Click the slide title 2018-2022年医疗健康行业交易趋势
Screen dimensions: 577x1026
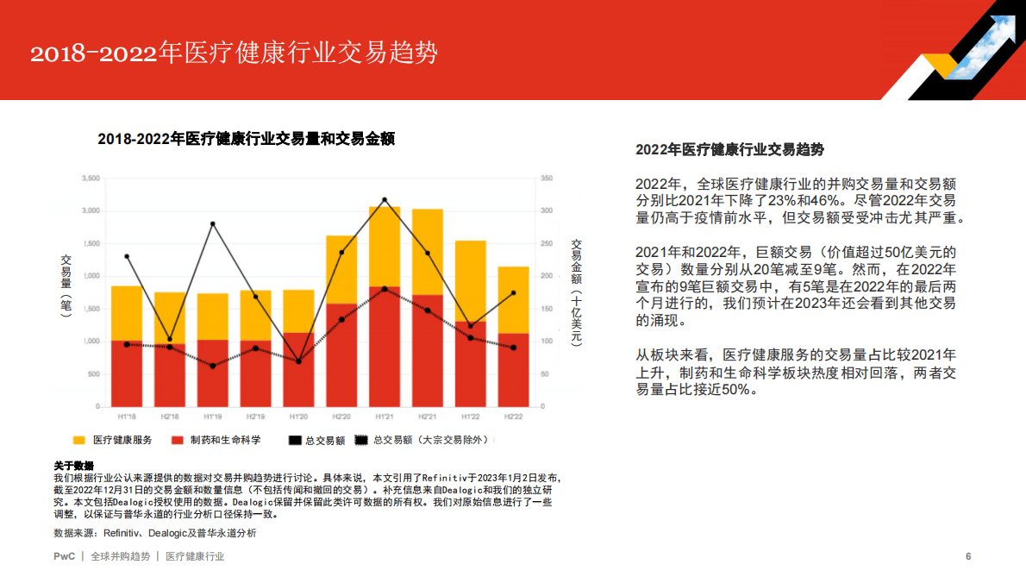tap(234, 53)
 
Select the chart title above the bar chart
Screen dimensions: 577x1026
tap(246, 139)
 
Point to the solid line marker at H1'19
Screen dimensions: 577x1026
tap(212, 224)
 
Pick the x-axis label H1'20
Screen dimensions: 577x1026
tap(298, 416)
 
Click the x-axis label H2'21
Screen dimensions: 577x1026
tap(428, 416)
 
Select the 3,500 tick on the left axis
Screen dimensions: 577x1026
tap(91, 179)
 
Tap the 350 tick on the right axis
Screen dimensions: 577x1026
tap(546, 179)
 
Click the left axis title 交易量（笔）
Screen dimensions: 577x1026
tap(66, 285)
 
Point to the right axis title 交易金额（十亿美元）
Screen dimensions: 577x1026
tap(577, 292)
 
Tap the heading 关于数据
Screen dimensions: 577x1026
tap(73, 466)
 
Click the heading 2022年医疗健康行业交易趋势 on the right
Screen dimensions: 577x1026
tap(729, 149)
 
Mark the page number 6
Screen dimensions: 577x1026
tap(968, 556)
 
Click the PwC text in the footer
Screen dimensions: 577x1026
tap(64, 556)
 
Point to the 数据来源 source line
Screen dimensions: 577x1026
tap(155, 533)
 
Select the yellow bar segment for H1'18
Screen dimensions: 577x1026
tap(126, 313)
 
